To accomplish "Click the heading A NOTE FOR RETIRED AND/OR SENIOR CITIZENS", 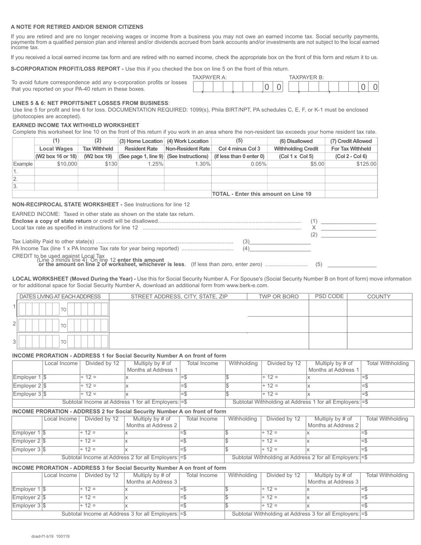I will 77,27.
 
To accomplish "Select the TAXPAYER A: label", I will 210,78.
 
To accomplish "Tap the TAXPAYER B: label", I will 306,78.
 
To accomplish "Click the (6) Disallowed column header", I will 296,141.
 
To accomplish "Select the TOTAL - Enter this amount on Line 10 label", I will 261,194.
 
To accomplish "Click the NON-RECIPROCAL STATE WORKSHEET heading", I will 67,205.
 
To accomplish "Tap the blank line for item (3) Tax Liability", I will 280,241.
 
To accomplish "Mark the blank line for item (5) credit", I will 351,265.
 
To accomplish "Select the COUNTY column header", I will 378,297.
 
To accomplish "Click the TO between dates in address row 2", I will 63,326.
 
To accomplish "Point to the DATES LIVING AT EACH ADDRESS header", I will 60,297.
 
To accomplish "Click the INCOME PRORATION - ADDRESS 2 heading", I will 119,412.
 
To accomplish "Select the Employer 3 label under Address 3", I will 27,506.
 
